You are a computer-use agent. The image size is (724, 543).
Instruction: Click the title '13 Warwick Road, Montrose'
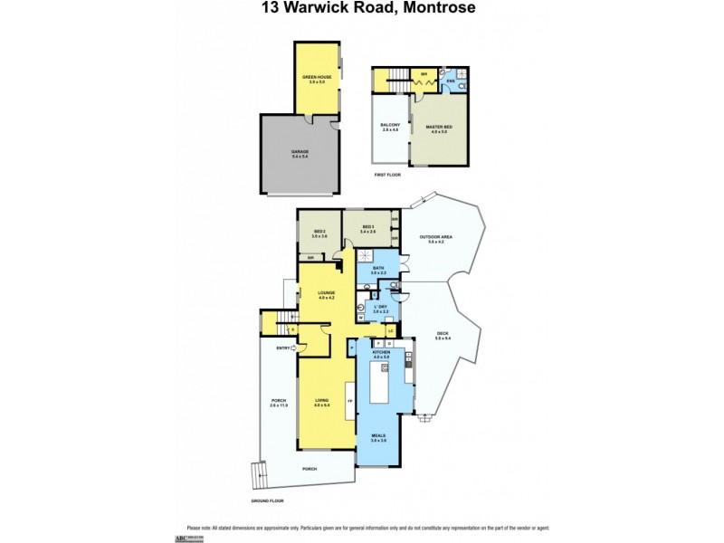pyautogui.click(x=361, y=8)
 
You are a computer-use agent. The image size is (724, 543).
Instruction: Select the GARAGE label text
pyautogui.click(x=300, y=152)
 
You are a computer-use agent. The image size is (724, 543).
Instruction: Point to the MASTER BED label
pyautogui.click(x=438, y=129)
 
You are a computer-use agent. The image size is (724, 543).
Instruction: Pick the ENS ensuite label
pyautogui.click(x=450, y=81)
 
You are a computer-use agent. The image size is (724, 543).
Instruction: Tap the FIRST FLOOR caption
pyautogui.click(x=386, y=174)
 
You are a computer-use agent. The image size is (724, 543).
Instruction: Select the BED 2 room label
pyautogui.click(x=319, y=232)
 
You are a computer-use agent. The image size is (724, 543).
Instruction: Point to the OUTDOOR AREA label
pyautogui.click(x=435, y=238)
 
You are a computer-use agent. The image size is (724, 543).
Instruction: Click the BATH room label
pyautogui.click(x=378, y=269)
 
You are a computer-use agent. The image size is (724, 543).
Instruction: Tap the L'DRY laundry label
pyautogui.click(x=381, y=309)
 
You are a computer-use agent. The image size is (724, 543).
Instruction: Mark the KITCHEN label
pyautogui.click(x=380, y=352)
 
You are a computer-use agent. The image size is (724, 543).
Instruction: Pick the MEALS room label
pyautogui.click(x=378, y=437)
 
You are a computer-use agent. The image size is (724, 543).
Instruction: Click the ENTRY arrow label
pyautogui.click(x=281, y=348)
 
